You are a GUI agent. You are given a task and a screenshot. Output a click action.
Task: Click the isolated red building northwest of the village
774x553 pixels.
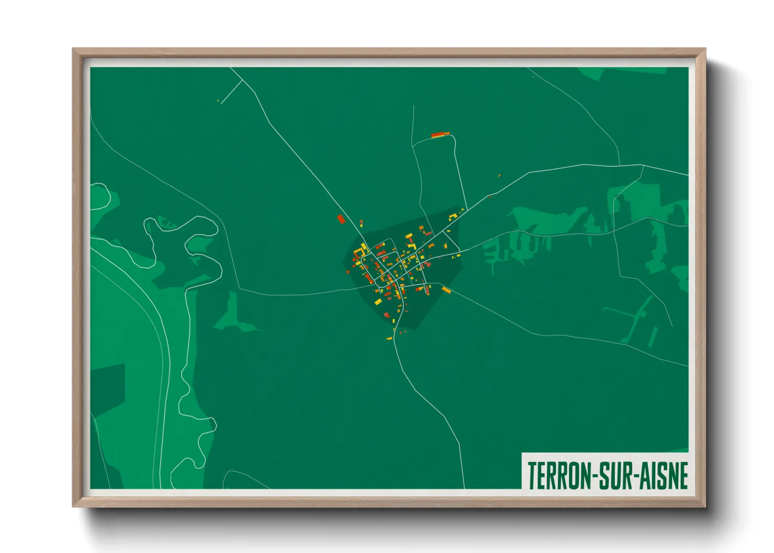(x=341, y=219)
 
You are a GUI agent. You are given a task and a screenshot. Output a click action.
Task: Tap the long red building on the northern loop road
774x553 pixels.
(x=440, y=135)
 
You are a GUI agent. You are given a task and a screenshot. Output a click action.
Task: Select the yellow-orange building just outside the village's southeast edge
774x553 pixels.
(x=446, y=290)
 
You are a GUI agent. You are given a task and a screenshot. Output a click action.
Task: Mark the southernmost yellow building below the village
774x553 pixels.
(x=389, y=339)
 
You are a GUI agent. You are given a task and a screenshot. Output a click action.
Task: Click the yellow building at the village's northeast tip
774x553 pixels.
(x=462, y=210)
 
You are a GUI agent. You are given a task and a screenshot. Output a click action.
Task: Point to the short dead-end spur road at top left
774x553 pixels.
(x=231, y=92)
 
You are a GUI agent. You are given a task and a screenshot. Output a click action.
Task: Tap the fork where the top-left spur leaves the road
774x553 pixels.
(x=242, y=80)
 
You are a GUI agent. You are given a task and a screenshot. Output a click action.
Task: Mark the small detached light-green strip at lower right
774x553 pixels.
(x=653, y=337)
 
